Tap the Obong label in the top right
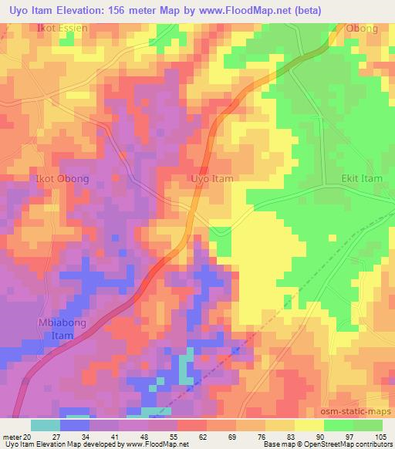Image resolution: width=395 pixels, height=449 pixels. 362,29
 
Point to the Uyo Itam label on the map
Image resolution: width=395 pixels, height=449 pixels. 211,178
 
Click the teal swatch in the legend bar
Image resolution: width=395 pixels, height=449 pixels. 46,425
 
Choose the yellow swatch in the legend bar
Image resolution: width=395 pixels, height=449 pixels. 309,425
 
